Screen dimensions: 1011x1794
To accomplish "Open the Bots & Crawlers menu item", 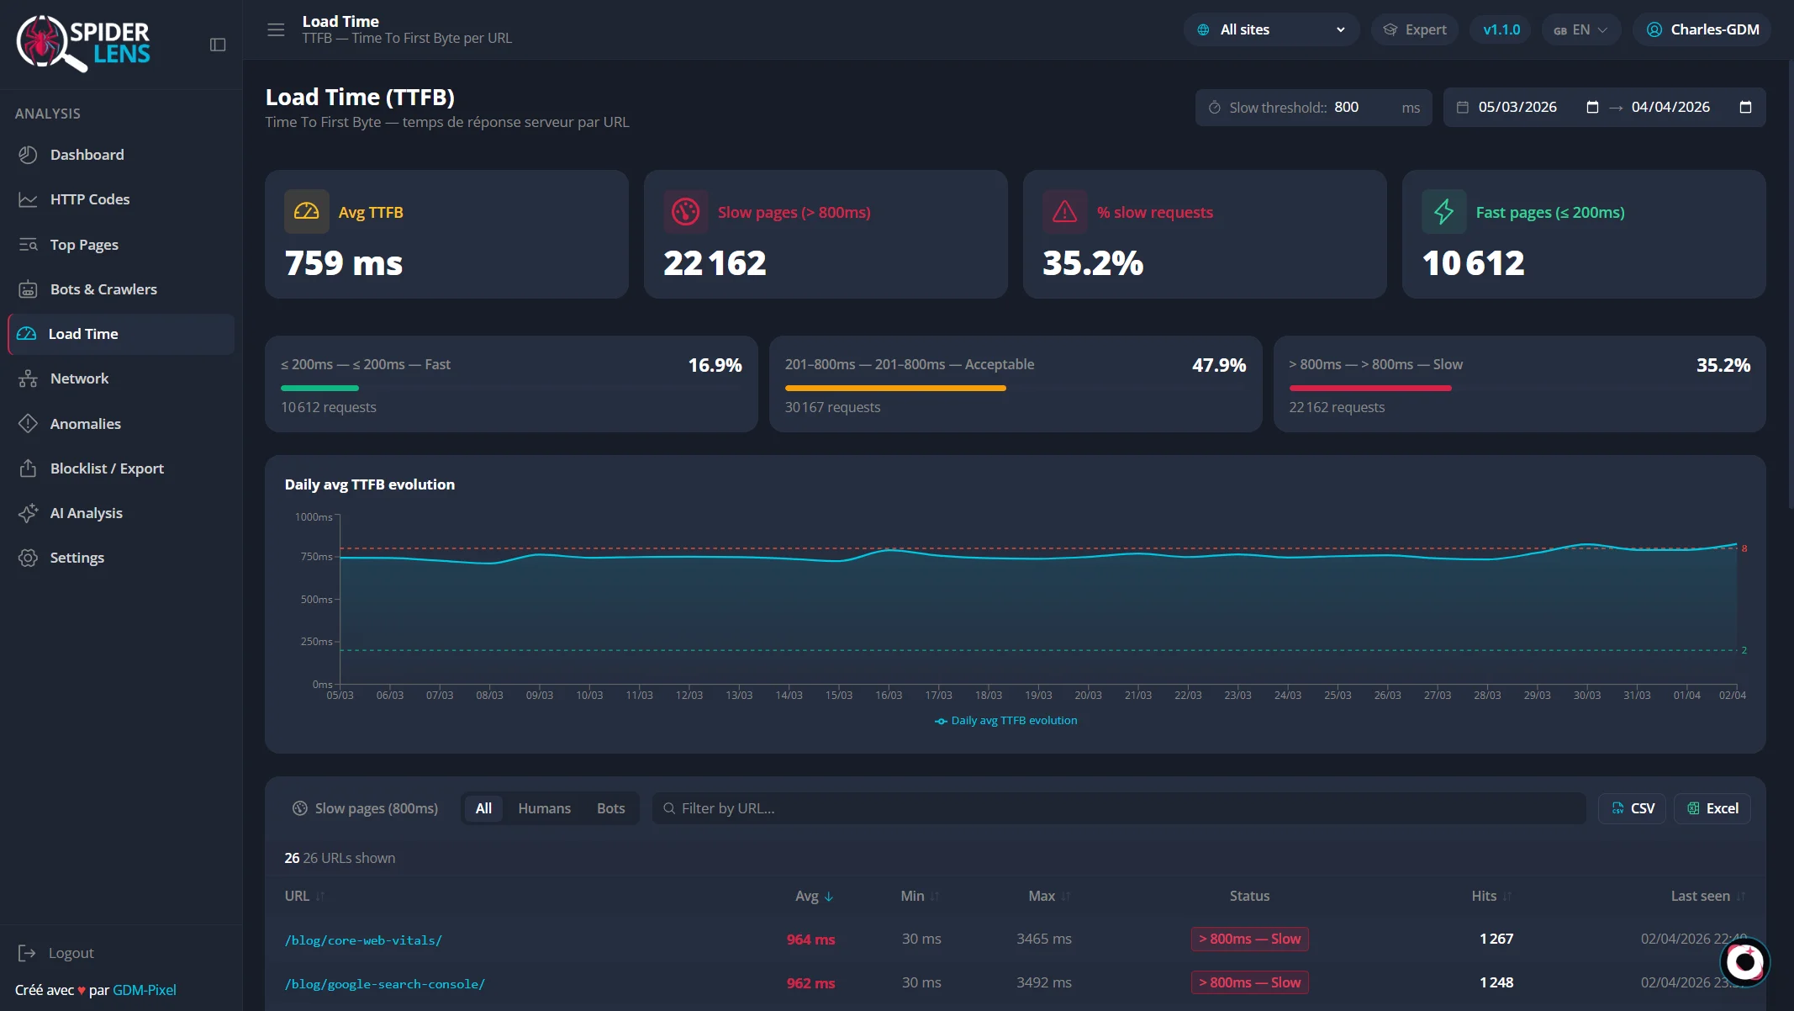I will pyautogui.click(x=103, y=289).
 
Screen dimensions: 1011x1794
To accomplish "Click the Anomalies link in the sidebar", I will pyautogui.click(x=85, y=424).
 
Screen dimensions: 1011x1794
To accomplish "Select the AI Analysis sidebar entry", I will pyautogui.click(x=86, y=513).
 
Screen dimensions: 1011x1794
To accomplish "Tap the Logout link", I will pyautogui.click(x=71, y=953).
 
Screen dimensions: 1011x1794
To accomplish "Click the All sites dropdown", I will pyautogui.click(x=1271, y=29).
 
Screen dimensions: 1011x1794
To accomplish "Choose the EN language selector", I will pyautogui.click(x=1580, y=29).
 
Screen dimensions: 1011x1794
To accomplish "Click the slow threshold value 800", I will pyautogui.click(x=1347, y=108).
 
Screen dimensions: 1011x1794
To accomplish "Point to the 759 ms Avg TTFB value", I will pyautogui.click(x=344, y=263).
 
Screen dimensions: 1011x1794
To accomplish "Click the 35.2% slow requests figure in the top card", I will pyautogui.click(x=1093, y=263).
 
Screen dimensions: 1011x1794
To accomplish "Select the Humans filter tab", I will pyautogui.click(x=544, y=808).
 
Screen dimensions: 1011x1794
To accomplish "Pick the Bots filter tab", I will pyautogui.click(x=610, y=808).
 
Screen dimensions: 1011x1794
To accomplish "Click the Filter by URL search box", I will pyautogui.click(x=1118, y=808).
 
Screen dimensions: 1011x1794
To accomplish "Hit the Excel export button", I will pyautogui.click(x=1712, y=808).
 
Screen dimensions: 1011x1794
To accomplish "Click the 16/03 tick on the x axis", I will pyautogui.click(x=889, y=696).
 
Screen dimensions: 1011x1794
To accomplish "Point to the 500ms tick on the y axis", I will pyautogui.click(x=317, y=600).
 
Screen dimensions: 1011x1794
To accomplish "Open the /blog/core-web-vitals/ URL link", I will pyautogui.click(x=363, y=940).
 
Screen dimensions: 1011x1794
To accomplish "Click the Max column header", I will pyautogui.click(x=1042, y=896).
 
